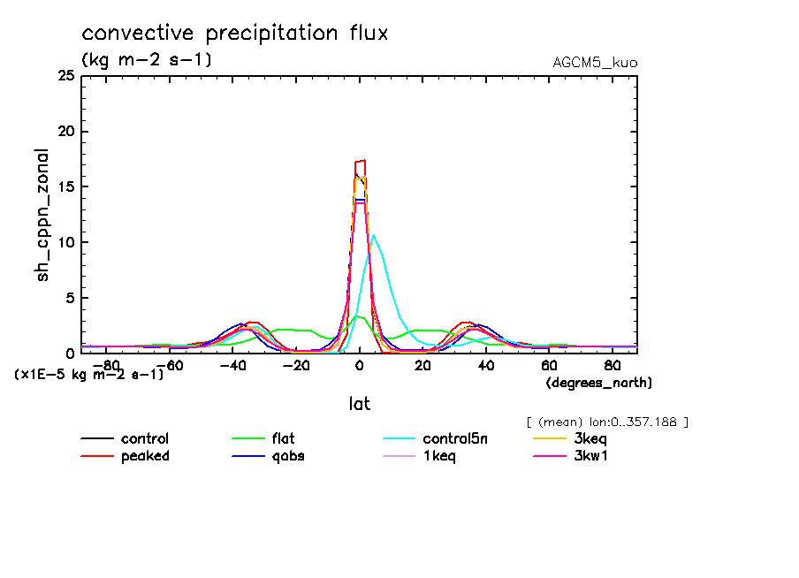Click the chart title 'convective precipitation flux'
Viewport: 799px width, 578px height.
235,34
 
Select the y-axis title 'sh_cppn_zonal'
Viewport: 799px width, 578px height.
42,215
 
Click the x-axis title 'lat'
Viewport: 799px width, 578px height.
359,404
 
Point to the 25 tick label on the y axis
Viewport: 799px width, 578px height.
65,76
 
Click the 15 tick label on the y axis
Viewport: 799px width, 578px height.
65,186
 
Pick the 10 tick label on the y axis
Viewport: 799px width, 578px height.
65,242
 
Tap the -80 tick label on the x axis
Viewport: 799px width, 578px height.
106,364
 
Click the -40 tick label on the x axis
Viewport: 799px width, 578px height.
232,364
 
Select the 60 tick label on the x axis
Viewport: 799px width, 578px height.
549,364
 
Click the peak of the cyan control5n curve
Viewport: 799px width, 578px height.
374,235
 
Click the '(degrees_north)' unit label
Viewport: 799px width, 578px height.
599,383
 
